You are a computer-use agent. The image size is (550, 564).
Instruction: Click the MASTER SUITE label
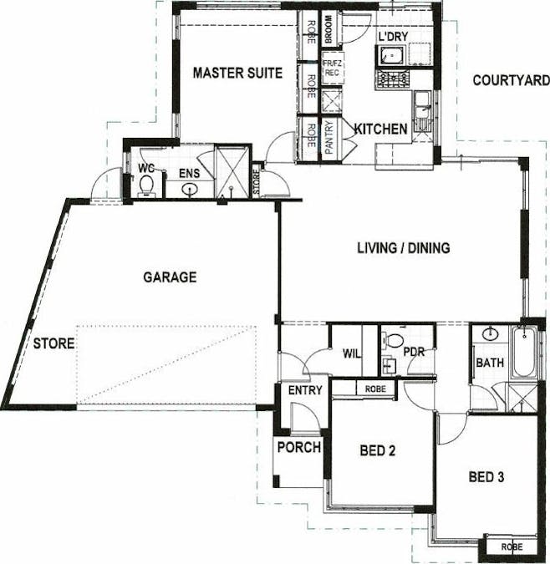[x=237, y=73]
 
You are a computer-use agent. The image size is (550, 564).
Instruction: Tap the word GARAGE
[x=170, y=277]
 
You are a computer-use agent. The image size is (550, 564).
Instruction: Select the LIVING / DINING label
[x=404, y=248]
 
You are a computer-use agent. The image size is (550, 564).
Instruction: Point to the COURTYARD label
[x=512, y=80]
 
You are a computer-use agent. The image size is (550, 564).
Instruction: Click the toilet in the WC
[x=146, y=185]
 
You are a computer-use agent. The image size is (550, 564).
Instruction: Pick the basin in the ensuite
[x=190, y=189]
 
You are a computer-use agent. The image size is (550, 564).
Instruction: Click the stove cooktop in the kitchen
[x=393, y=79]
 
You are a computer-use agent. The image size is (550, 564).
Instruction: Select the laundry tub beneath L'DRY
[x=390, y=56]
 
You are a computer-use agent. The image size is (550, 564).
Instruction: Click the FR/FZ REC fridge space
[x=332, y=68]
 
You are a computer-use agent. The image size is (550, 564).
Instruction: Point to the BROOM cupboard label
[x=328, y=28]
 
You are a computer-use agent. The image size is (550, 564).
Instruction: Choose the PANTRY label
[x=328, y=137]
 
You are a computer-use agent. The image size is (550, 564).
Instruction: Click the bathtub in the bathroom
[x=524, y=352]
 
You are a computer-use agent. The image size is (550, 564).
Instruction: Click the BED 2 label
[x=377, y=450]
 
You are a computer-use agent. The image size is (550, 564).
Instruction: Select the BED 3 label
[x=486, y=477]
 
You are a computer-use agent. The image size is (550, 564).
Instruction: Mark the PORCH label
[x=299, y=447]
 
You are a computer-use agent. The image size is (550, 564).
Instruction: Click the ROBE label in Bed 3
[x=512, y=547]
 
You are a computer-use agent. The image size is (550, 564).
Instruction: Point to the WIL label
[x=352, y=353]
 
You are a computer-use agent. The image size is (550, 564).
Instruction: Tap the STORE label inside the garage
[x=54, y=343]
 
